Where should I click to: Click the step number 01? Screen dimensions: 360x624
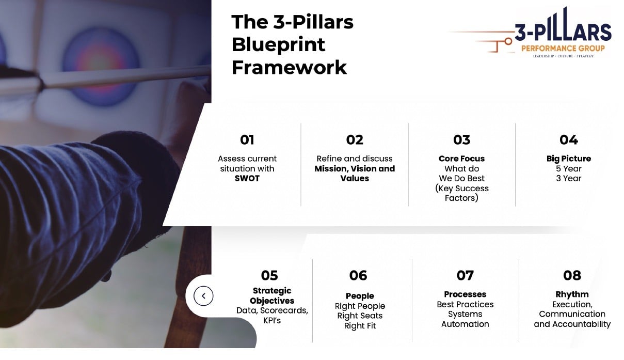[x=247, y=140]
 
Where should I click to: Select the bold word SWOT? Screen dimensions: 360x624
[x=247, y=178]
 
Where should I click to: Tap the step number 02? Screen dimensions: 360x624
[x=355, y=140]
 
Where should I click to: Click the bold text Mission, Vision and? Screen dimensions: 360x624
[x=355, y=168]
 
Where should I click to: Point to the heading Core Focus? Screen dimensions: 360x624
[x=461, y=159]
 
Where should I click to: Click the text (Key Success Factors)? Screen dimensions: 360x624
[x=461, y=193]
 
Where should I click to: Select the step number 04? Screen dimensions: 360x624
[x=568, y=140]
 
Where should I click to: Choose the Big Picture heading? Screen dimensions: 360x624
[x=568, y=159]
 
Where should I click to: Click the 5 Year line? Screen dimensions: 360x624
[x=568, y=168]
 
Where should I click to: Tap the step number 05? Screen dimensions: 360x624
[x=269, y=275]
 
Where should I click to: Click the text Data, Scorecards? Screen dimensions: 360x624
[x=272, y=310]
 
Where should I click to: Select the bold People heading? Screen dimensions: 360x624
[x=360, y=296]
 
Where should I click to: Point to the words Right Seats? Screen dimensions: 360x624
[x=360, y=316]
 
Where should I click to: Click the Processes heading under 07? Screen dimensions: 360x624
[x=465, y=294]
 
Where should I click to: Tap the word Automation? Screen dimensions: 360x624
[x=465, y=324]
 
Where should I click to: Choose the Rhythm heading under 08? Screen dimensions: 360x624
[x=572, y=294]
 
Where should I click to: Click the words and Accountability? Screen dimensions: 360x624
[x=572, y=324]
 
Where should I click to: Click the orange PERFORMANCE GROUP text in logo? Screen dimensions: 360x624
[x=563, y=48]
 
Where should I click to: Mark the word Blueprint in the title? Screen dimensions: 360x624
[x=278, y=45]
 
